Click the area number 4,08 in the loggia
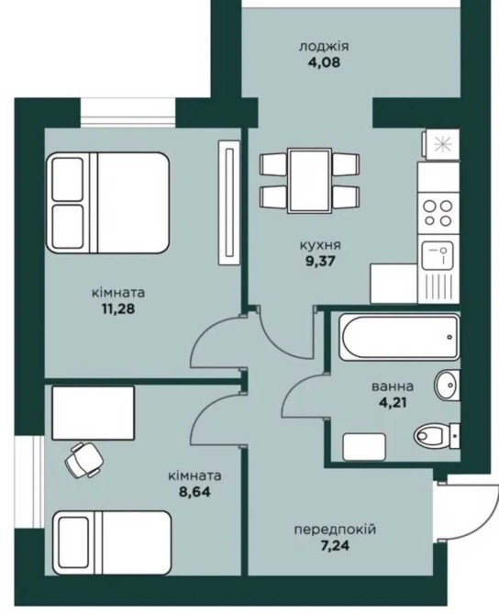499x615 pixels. tap(324, 62)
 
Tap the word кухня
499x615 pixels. tap(320, 245)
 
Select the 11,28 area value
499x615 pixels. tap(118, 308)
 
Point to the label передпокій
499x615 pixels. tap(335, 530)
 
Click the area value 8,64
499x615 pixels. tap(194, 492)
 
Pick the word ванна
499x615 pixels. tap(392, 386)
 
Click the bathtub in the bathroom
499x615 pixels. tap(399, 337)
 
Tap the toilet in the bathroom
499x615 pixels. tap(436, 434)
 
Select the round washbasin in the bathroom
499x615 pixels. tap(447, 386)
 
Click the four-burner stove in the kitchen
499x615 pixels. tap(438, 213)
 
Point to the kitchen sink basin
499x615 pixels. tap(438, 255)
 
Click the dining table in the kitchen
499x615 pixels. tap(309, 181)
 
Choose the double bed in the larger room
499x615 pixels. tap(108, 202)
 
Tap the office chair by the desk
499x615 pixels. tap(83, 460)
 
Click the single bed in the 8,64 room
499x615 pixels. tap(113, 542)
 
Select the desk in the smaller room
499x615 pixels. tap(94, 413)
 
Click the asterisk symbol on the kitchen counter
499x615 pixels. tap(443, 144)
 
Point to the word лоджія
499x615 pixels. tap(324, 47)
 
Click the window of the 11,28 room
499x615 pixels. tap(128, 113)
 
